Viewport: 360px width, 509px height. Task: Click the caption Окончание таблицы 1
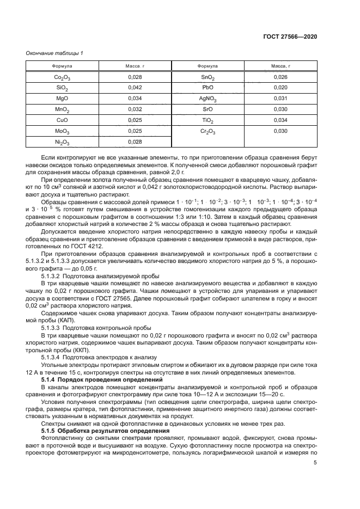tap(54, 53)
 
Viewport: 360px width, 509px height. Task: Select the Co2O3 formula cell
tap(63, 78)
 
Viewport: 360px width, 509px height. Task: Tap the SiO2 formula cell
tap(63, 88)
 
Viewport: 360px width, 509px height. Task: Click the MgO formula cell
tap(62, 99)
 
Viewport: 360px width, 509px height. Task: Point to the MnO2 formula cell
tap(63, 109)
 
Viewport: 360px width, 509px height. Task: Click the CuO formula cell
tap(62, 120)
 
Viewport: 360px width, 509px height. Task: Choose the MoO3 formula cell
tap(63, 131)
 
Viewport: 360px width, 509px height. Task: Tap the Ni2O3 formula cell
tap(63, 142)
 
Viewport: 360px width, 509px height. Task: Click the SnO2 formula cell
tap(208, 78)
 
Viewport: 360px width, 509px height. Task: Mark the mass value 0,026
tap(280, 77)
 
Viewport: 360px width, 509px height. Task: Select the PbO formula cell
tap(208, 88)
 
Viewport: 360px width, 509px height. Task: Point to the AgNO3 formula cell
tap(208, 99)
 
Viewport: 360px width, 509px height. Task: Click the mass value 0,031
tap(280, 99)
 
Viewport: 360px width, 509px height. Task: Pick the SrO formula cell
tap(208, 109)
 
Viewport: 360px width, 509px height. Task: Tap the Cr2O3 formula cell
tap(208, 131)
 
